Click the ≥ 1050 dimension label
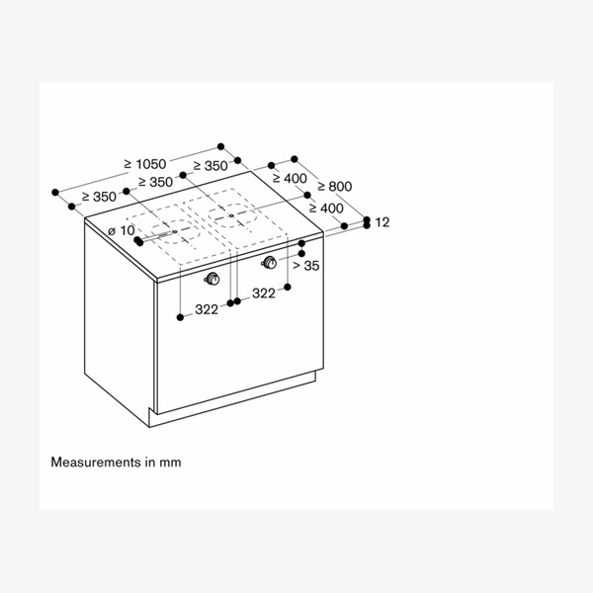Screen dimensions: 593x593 (x=145, y=164)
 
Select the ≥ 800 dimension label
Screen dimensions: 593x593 (x=333, y=186)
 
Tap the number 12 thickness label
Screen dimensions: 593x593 (x=382, y=223)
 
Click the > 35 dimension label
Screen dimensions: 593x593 (x=305, y=265)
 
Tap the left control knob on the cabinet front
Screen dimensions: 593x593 (x=212, y=278)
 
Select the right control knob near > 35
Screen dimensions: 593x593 (x=269, y=262)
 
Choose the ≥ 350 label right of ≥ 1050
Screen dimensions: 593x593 (x=211, y=165)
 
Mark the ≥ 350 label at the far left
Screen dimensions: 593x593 (x=100, y=197)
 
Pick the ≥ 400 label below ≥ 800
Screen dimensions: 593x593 (x=325, y=209)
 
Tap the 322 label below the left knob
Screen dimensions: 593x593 (x=206, y=310)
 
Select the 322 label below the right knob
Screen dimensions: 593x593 (x=263, y=294)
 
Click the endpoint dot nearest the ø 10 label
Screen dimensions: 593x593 (x=137, y=241)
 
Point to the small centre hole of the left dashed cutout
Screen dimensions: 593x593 (x=175, y=233)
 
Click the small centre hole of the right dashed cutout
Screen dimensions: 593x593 (x=230, y=214)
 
